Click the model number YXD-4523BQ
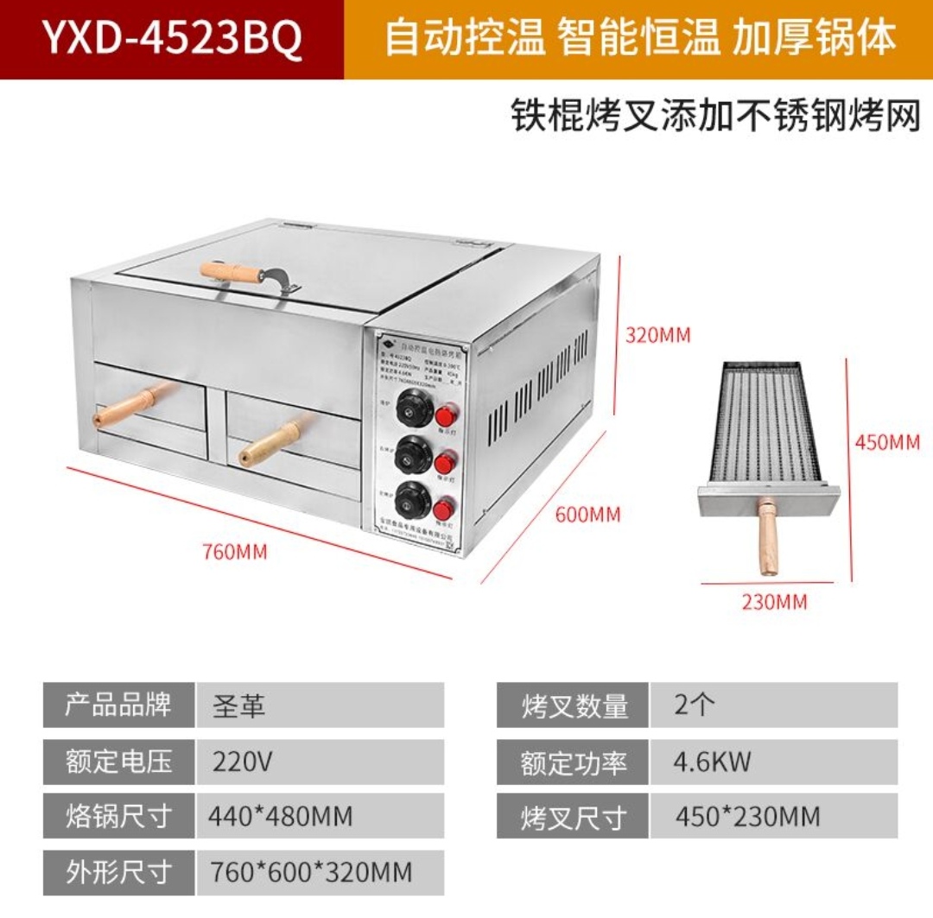(172, 40)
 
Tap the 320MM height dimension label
(658, 335)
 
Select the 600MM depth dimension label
(587, 514)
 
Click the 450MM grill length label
(887, 442)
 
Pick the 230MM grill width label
(774, 601)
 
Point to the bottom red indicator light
(444, 508)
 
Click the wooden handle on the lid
(232, 272)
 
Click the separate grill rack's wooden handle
(768, 537)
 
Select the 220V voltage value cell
(320, 762)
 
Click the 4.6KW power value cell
(773, 762)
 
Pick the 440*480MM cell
(320, 816)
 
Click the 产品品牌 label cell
(118, 706)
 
